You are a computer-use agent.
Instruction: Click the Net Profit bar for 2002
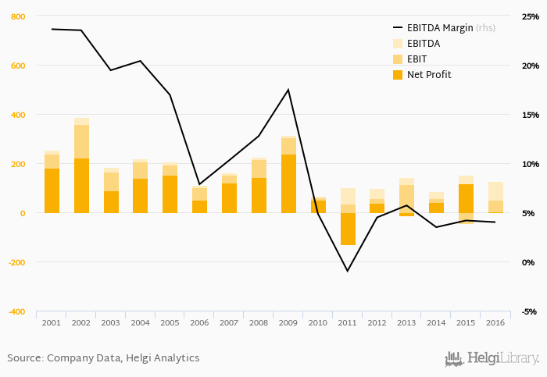[x=81, y=186]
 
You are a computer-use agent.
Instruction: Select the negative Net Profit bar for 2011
[x=348, y=229]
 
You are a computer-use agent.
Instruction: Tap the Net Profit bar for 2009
[x=288, y=183]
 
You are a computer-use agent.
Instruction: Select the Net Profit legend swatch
[x=398, y=75]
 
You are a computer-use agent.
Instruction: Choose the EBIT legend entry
[x=418, y=59]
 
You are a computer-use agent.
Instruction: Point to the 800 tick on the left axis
[x=18, y=16]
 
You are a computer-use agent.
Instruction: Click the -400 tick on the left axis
[x=16, y=311]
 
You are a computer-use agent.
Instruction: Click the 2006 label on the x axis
[x=199, y=322]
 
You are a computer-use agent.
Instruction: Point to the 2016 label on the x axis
[x=495, y=322]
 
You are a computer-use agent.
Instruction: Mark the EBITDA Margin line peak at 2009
[x=288, y=90]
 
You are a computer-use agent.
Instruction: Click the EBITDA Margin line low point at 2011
[x=348, y=271]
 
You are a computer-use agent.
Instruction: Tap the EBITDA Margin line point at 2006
[x=199, y=184]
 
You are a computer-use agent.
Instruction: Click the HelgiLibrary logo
[x=492, y=358]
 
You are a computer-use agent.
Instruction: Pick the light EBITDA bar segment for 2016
[x=495, y=191]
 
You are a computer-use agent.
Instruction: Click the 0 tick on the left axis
[x=22, y=213]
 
